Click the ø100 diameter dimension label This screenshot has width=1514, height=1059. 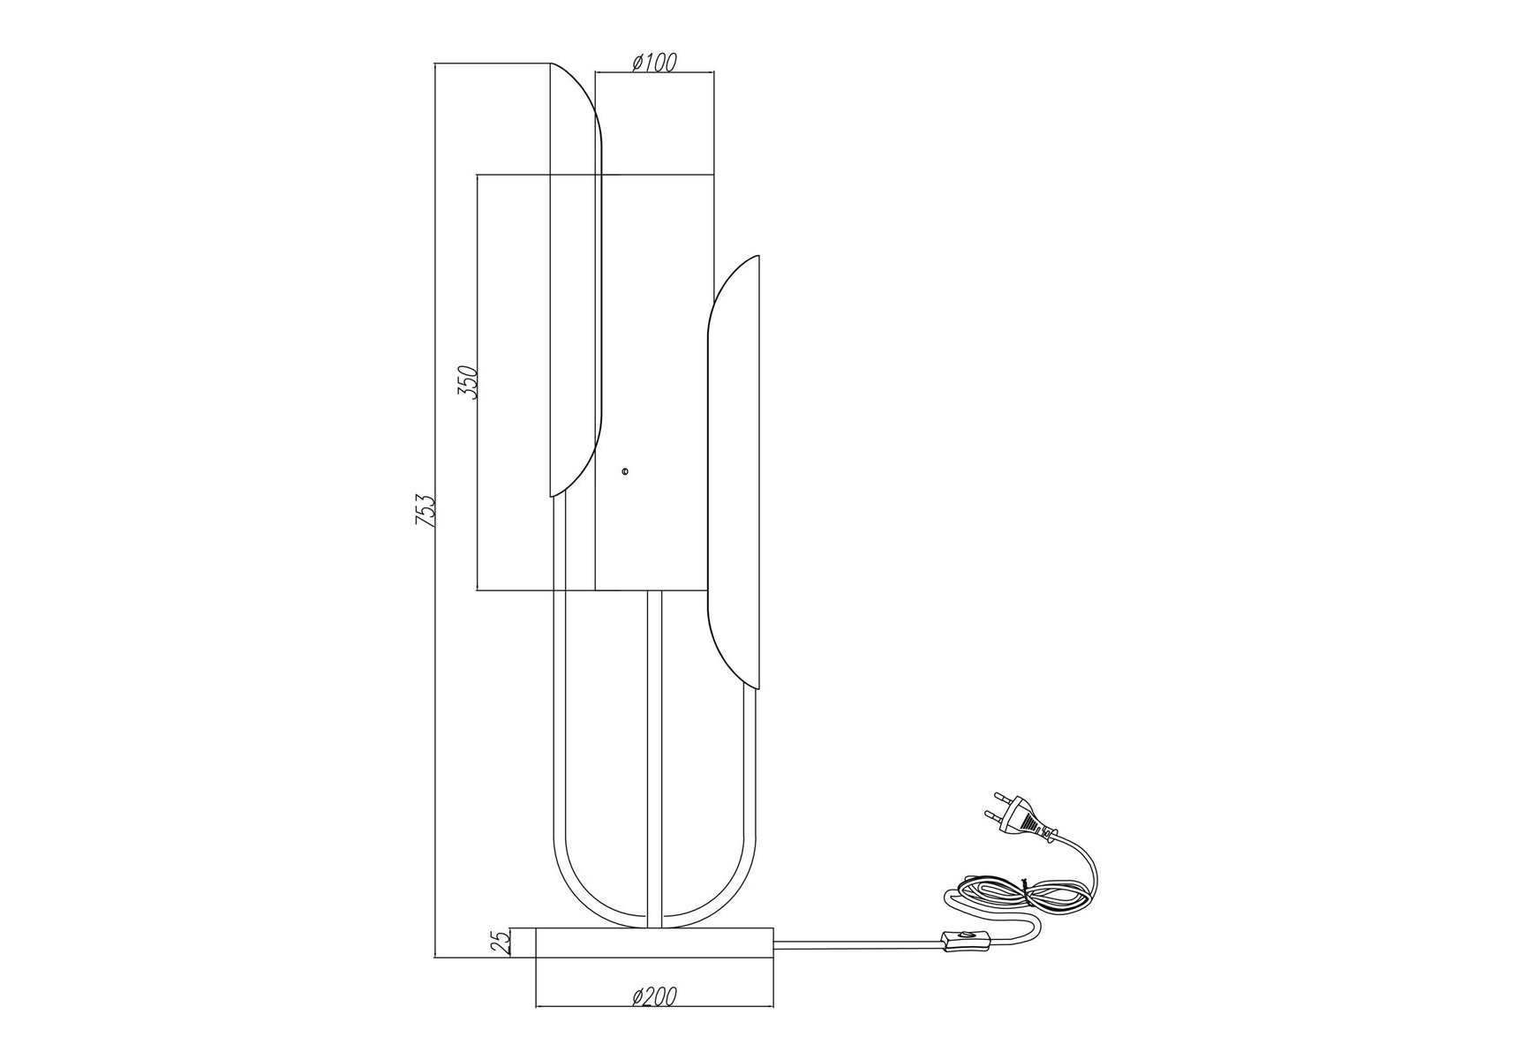(x=654, y=62)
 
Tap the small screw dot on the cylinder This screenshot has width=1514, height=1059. (x=625, y=472)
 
